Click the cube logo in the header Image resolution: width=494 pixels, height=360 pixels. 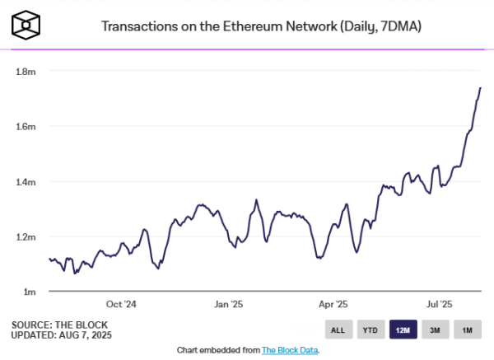(x=28, y=26)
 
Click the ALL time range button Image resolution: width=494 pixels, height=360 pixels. (x=338, y=330)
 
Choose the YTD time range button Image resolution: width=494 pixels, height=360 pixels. (x=370, y=330)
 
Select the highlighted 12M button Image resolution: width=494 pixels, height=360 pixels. (x=403, y=330)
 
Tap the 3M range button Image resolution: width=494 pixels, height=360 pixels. (x=435, y=330)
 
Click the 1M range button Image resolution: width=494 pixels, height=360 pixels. (x=467, y=330)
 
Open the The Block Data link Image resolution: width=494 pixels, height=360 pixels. (x=289, y=350)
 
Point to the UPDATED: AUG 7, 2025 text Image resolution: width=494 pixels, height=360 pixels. (x=62, y=335)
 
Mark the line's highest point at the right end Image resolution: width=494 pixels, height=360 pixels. (x=480, y=87)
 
